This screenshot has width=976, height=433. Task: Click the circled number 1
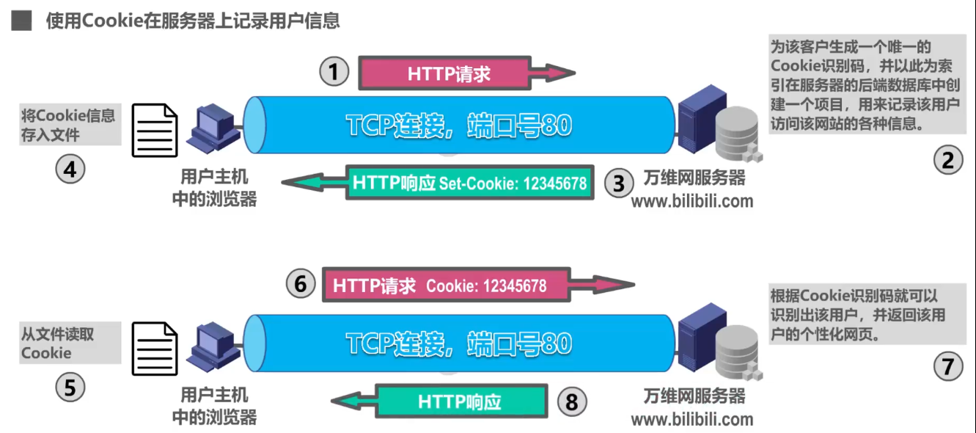pyautogui.click(x=334, y=72)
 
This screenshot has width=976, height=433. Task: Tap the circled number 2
pyautogui.click(x=947, y=160)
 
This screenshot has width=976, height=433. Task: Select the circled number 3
pyautogui.click(x=619, y=183)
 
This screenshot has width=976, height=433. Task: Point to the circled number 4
pyautogui.click(x=70, y=170)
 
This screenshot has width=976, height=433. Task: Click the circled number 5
pyautogui.click(x=70, y=387)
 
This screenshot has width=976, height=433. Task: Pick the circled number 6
pyautogui.click(x=300, y=284)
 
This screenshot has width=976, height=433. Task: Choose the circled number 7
pyautogui.click(x=947, y=365)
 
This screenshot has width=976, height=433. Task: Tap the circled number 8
pyautogui.click(x=573, y=401)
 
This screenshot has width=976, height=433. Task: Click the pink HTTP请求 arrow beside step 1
pyautogui.click(x=455, y=73)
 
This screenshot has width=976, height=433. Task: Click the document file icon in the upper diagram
pyautogui.click(x=155, y=130)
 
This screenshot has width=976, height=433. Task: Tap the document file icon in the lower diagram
pyautogui.click(x=155, y=349)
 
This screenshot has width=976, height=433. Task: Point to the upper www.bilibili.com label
pyautogui.click(x=691, y=200)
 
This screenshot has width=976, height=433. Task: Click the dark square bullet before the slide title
pyautogui.click(x=21, y=21)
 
